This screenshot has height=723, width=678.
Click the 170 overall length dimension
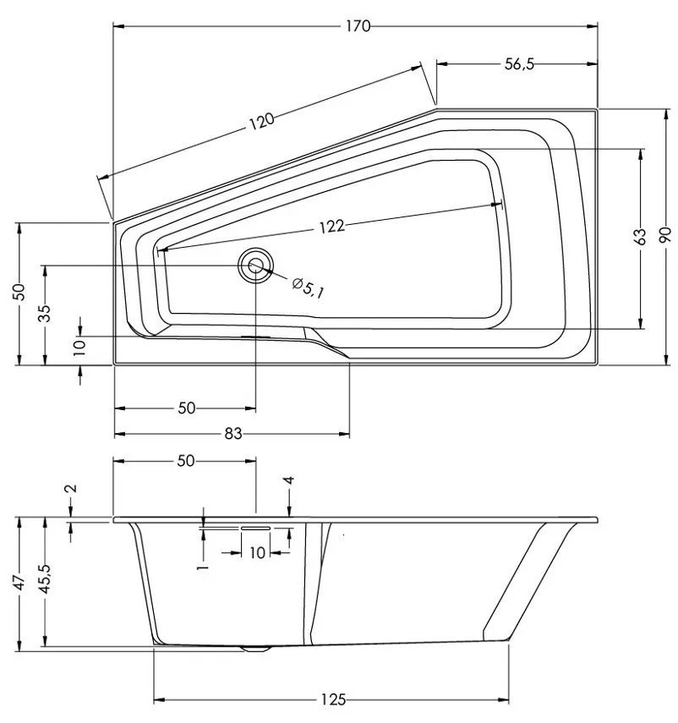click(358, 26)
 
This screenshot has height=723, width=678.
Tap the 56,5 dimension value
click(519, 64)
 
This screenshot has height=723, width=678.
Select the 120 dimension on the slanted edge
click(261, 121)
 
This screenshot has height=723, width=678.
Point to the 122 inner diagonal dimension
click(332, 227)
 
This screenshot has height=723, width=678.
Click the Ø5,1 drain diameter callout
click(308, 288)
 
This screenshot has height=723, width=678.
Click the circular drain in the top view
click(255, 266)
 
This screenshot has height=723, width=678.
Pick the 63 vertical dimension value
click(640, 237)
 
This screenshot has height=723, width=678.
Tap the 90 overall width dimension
click(666, 237)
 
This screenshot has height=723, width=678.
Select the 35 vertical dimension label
click(44, 314)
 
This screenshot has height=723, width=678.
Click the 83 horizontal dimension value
click(233, 434)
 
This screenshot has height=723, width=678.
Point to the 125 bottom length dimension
click(333, 700)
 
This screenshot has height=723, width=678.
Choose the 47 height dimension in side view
click(18, 583)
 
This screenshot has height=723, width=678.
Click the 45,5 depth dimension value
click(44, 579)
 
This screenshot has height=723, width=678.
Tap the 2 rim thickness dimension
click(72, 489)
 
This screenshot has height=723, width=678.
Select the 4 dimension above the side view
click(289, 481)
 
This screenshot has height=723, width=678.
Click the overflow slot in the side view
click(255, 528)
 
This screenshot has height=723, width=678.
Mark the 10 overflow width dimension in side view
click(258, 552)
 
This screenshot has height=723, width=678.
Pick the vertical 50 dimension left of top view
click(18, 292)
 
